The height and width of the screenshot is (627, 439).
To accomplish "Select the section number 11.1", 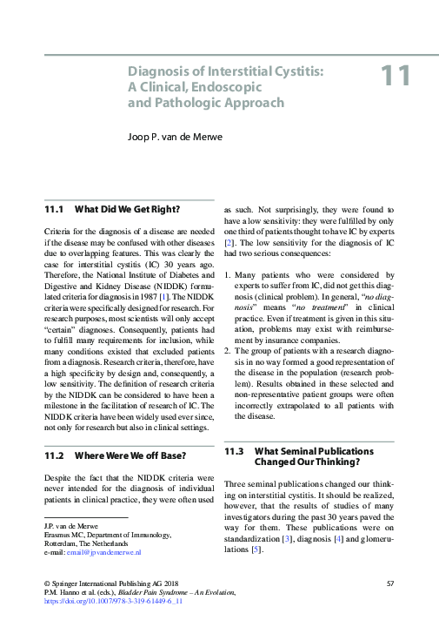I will (55, 210).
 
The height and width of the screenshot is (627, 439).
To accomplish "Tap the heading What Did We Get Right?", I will (127, 210).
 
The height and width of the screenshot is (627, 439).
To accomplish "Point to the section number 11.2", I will (55, 455).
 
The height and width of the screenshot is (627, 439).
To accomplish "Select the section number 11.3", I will (236, 451).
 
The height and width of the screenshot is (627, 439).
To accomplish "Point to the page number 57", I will (389, 582).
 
